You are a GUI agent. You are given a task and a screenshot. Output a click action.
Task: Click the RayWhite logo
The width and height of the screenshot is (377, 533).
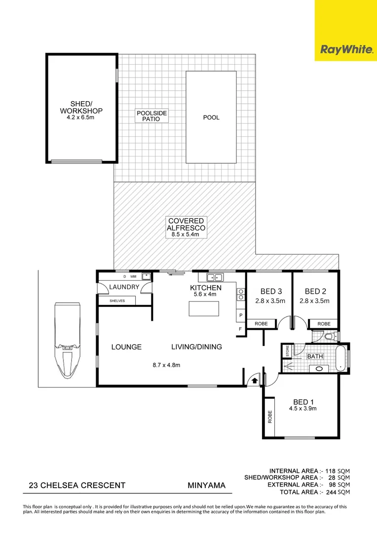click(346, 49)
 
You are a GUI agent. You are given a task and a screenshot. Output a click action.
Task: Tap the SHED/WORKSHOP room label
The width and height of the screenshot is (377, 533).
click(81, 107)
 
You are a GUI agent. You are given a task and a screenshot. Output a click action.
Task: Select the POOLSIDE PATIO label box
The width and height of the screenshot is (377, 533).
click(151, 116)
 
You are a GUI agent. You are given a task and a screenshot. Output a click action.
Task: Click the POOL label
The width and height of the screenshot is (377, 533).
click(211, 117)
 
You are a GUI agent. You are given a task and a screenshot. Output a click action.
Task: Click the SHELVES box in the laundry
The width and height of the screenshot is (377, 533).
click(117, 301)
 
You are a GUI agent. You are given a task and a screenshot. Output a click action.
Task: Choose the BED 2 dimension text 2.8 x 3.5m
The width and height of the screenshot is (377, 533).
click(314, 300)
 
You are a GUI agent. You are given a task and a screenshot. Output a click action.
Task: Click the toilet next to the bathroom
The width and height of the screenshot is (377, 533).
click(330, 336)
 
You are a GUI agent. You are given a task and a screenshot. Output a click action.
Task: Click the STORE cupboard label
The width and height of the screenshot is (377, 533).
click(287, 351)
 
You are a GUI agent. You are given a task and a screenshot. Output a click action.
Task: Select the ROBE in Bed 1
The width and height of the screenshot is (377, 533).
click(270, 418)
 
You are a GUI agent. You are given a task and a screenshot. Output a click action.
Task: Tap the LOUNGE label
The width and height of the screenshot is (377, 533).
click(126, 347)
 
